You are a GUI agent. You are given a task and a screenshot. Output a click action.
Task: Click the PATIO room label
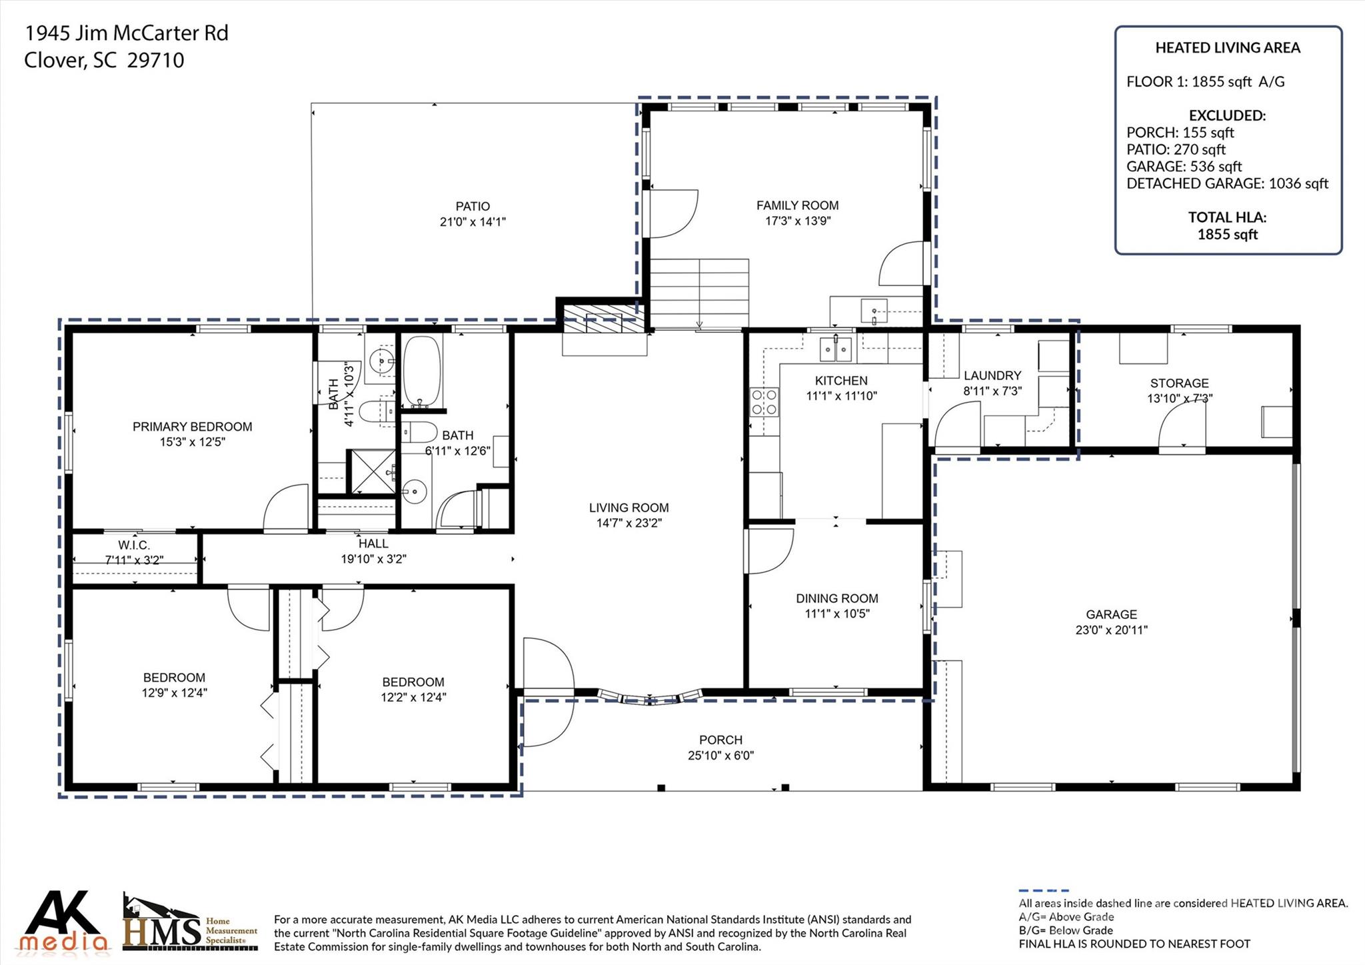point(473,207)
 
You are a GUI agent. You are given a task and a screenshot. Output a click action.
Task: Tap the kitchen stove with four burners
point(764,402)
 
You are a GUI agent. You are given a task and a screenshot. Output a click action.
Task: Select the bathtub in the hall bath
point(422,371)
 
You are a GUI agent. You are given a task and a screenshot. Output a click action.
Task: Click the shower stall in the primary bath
point(372,471)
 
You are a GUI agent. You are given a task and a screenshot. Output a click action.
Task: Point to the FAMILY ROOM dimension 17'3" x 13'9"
point(797,221)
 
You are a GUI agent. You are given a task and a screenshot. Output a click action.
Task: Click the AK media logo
point(63,922)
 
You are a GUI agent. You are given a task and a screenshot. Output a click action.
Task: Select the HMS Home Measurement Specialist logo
point(190,924)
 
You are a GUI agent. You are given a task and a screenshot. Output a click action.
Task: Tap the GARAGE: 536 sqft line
point(1184,166)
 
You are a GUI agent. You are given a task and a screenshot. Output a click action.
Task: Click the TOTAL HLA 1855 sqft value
point(1227,234)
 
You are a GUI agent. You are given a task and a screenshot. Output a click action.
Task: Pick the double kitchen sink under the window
point(835,348)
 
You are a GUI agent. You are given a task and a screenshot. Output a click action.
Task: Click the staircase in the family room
point(699,293)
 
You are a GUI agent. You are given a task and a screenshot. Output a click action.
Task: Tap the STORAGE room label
point(1179,383)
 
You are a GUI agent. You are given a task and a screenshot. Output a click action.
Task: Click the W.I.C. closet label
point(134,546)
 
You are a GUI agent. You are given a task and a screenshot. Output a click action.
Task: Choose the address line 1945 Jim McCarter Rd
point(126,33)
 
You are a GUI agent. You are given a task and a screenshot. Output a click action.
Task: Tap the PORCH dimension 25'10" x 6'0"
point(720,755)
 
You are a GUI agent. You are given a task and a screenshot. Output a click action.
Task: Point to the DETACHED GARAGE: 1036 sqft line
point(1227,183)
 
